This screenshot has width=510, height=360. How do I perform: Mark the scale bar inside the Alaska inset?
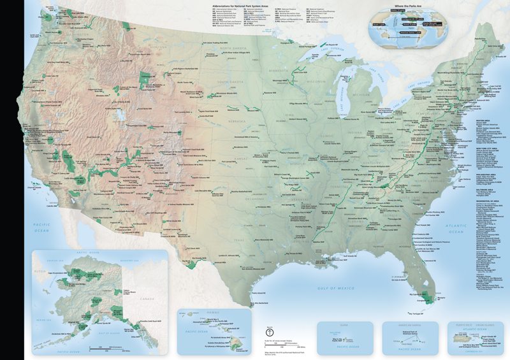click(x=102, y=348)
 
